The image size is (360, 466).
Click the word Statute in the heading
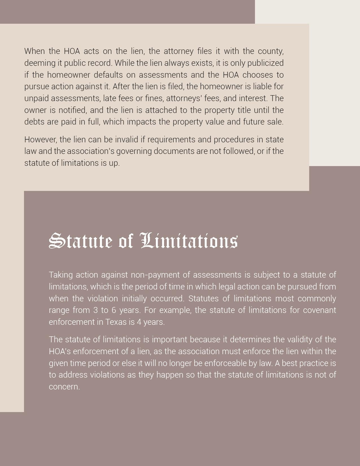(x=81, y=241)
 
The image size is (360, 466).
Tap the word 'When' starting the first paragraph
(x=34, y=51)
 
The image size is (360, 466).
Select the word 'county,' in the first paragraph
(x=271, y=51)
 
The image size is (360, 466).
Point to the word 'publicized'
(x=265, y=63)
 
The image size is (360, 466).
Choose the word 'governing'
(x=134, y=151)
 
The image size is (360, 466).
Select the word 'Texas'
(x=116, y=322)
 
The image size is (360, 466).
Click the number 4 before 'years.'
(x=139, y=322)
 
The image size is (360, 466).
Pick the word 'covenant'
(x=319, y=310)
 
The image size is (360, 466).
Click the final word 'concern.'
(x=64, y=387)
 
